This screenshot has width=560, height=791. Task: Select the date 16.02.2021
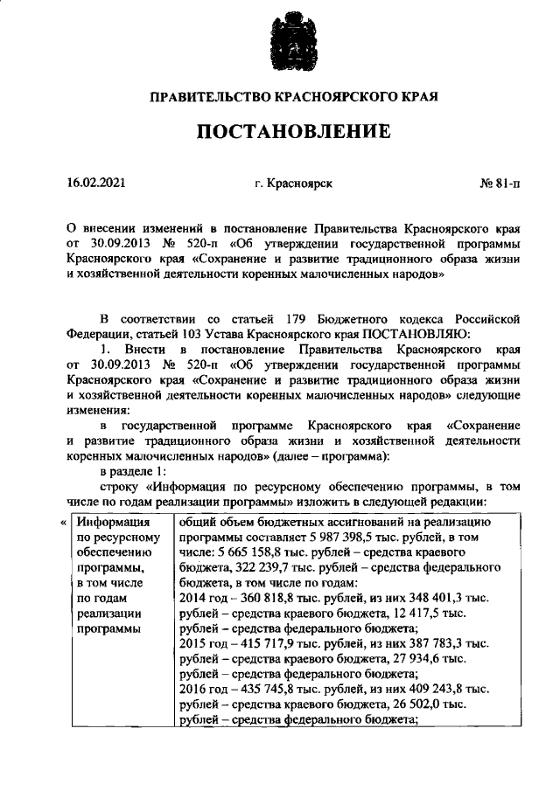pyautogui.click(x=95, y=184)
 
